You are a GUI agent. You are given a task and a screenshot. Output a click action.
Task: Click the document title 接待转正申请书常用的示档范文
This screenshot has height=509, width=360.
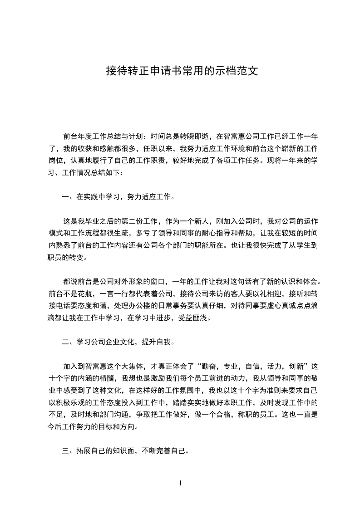[x=182, y=71]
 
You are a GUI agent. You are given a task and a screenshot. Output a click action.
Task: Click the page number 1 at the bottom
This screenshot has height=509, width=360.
[x=180, y=483]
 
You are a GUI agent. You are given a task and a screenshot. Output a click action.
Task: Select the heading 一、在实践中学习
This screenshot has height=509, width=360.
[x=98, y=197]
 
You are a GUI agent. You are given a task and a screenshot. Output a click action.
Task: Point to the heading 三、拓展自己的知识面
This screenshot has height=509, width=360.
[x=97, y=452]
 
